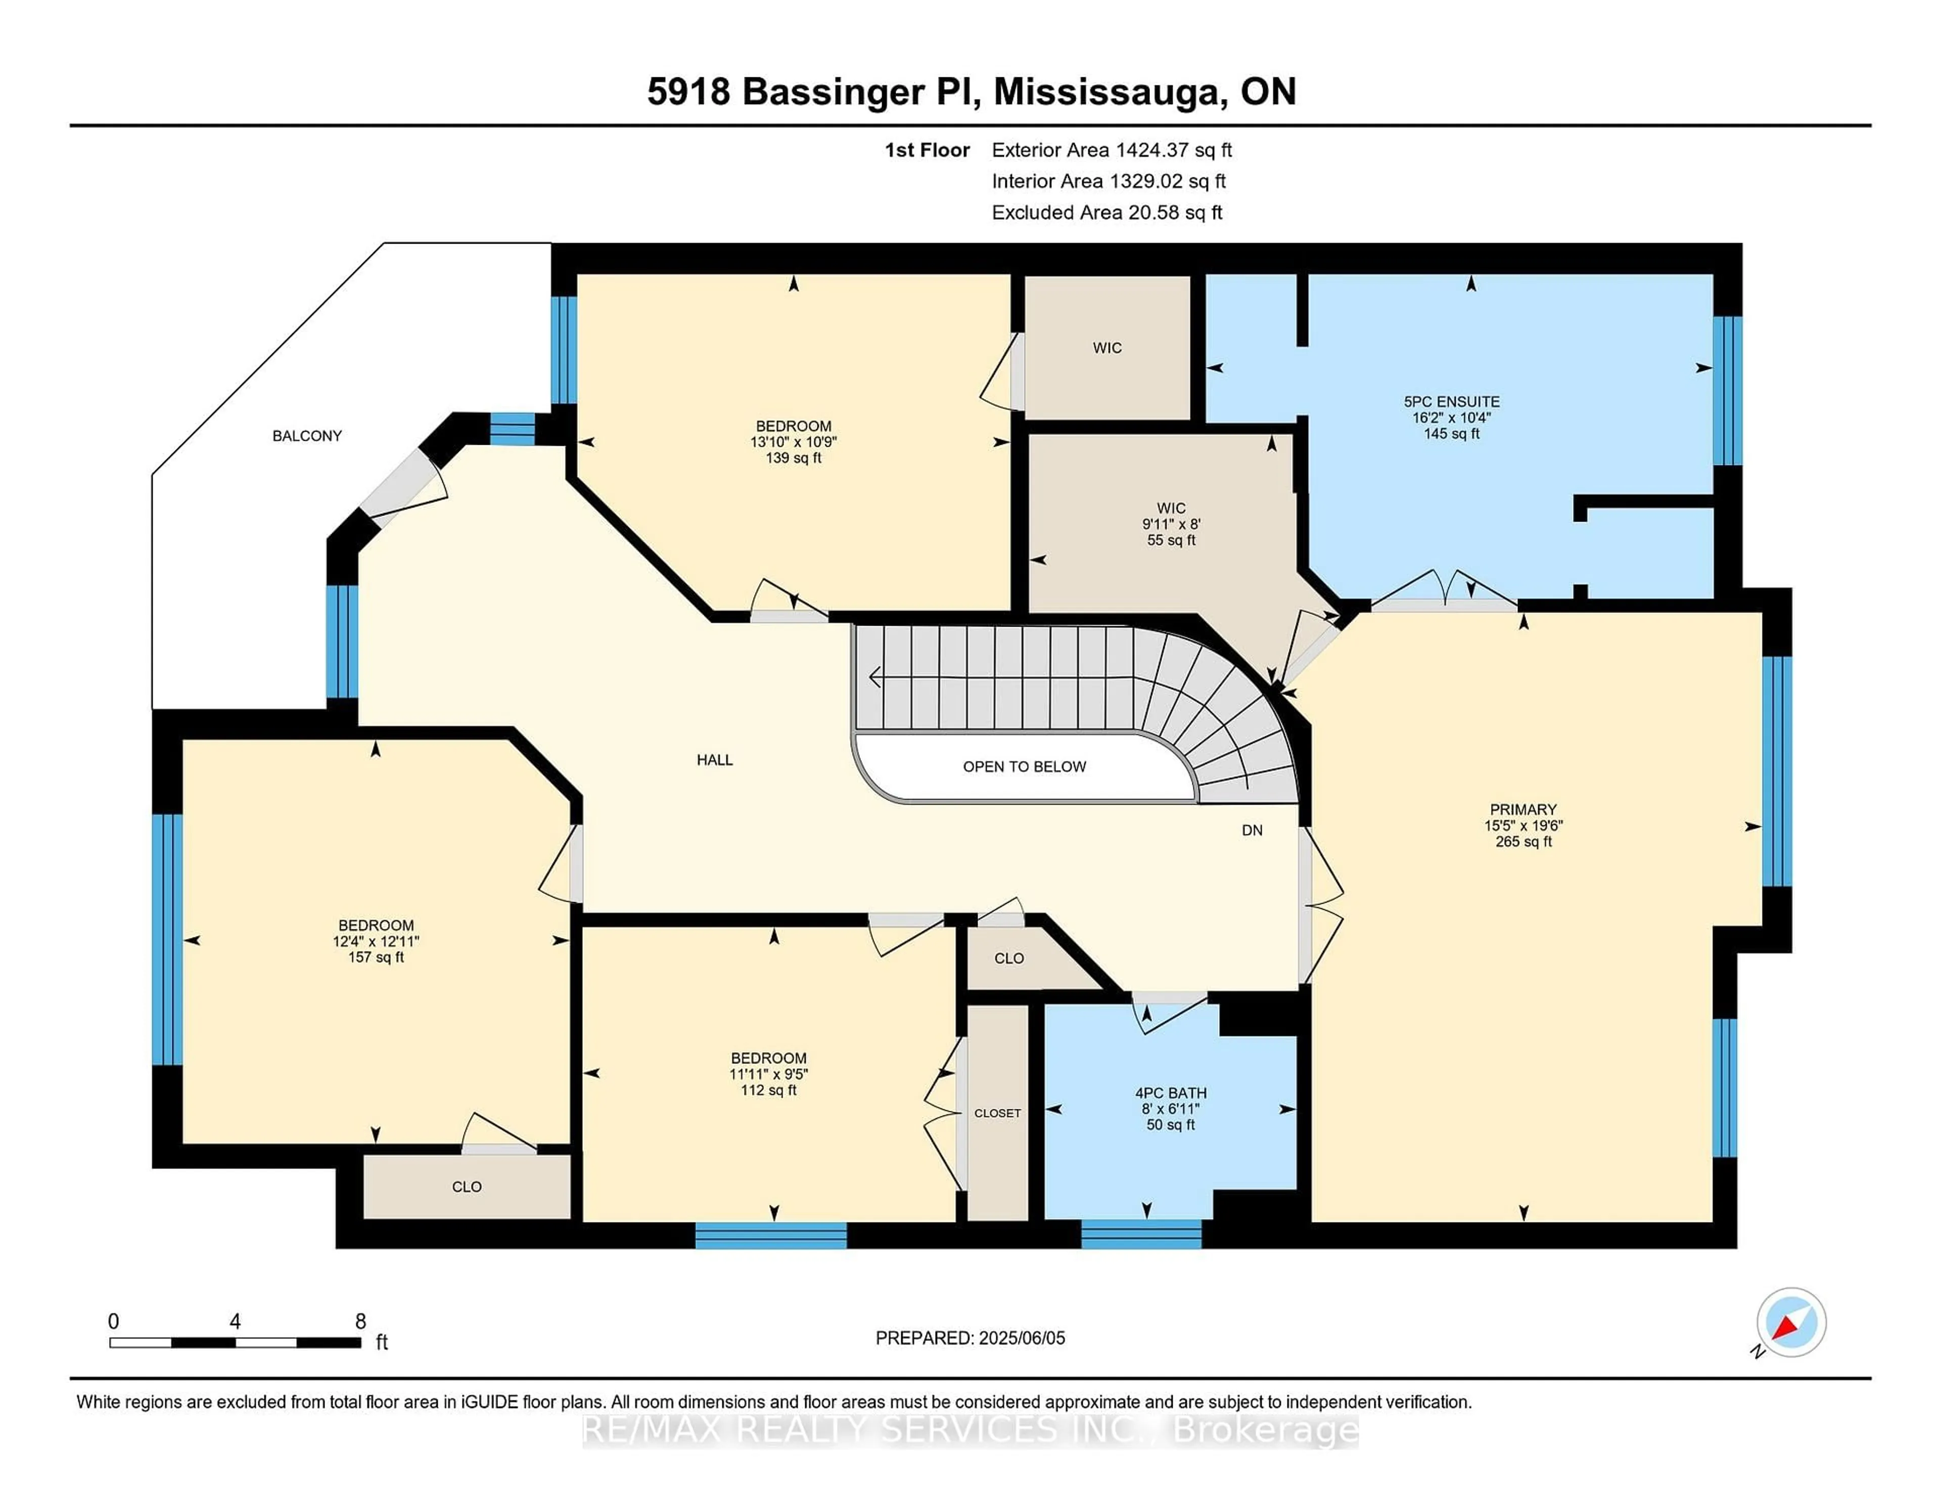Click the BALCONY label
click(x=307, y=436)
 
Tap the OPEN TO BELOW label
click(x=1024, y=767)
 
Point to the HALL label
click(x=715, y=760)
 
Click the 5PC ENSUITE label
click(x=1451, y=402)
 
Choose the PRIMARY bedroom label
click(x=1522, y=810)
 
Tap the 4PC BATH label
click(x=1171, y=1093)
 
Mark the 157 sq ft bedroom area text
click(x=376, y=958)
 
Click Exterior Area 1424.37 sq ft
click(x=1111, y=150)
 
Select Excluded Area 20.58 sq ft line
click(x=1106, y=212)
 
